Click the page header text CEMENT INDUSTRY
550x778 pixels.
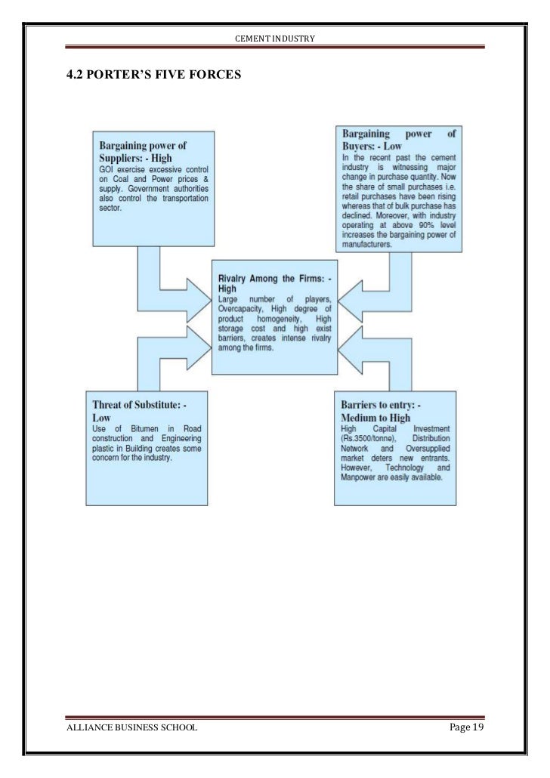pos(274,38)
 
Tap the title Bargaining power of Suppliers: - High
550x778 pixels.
pos(143,151)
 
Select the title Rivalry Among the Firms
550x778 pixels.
pos(274,282)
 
